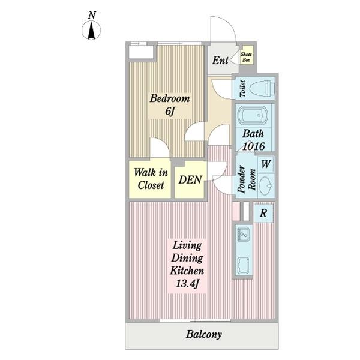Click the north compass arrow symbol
[91, 30]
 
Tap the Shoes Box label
[246, 57]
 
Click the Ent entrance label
[220, 61]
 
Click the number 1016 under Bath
[254, 146]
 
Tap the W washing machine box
[266, 164]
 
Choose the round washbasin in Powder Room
[266, 185]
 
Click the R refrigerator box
[263, 213]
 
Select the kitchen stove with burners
[244, 235]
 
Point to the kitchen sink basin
[244, 266]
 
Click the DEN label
[190, 180]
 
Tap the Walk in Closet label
[151, 179]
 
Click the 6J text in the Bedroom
[170, 112]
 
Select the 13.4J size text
[187, 284]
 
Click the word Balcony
[204, 335]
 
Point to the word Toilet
[242, 89]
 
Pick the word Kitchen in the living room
[187, 271]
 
